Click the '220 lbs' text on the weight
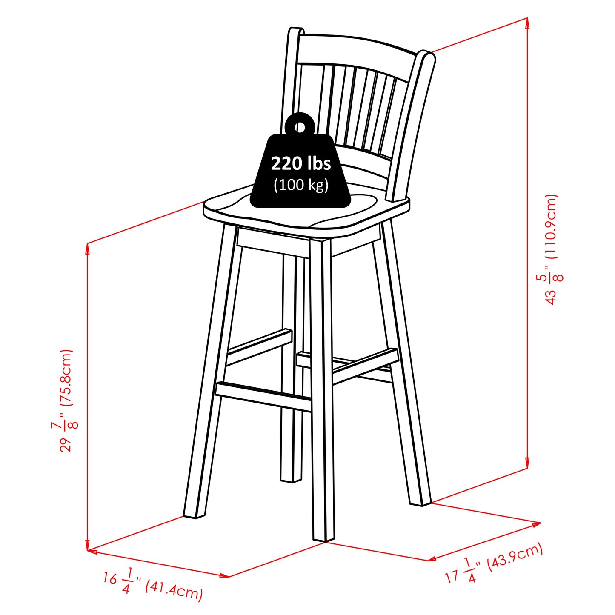click(301, 163)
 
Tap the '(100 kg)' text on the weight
click(301, 185)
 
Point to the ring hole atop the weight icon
click(300, 127)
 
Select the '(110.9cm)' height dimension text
click(551, 226)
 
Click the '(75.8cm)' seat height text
click(66, 377)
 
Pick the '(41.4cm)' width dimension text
click(174, 590)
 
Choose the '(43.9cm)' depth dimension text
click(515, 558)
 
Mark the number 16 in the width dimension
click(110, 578)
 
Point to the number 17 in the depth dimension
click(452, 576)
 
